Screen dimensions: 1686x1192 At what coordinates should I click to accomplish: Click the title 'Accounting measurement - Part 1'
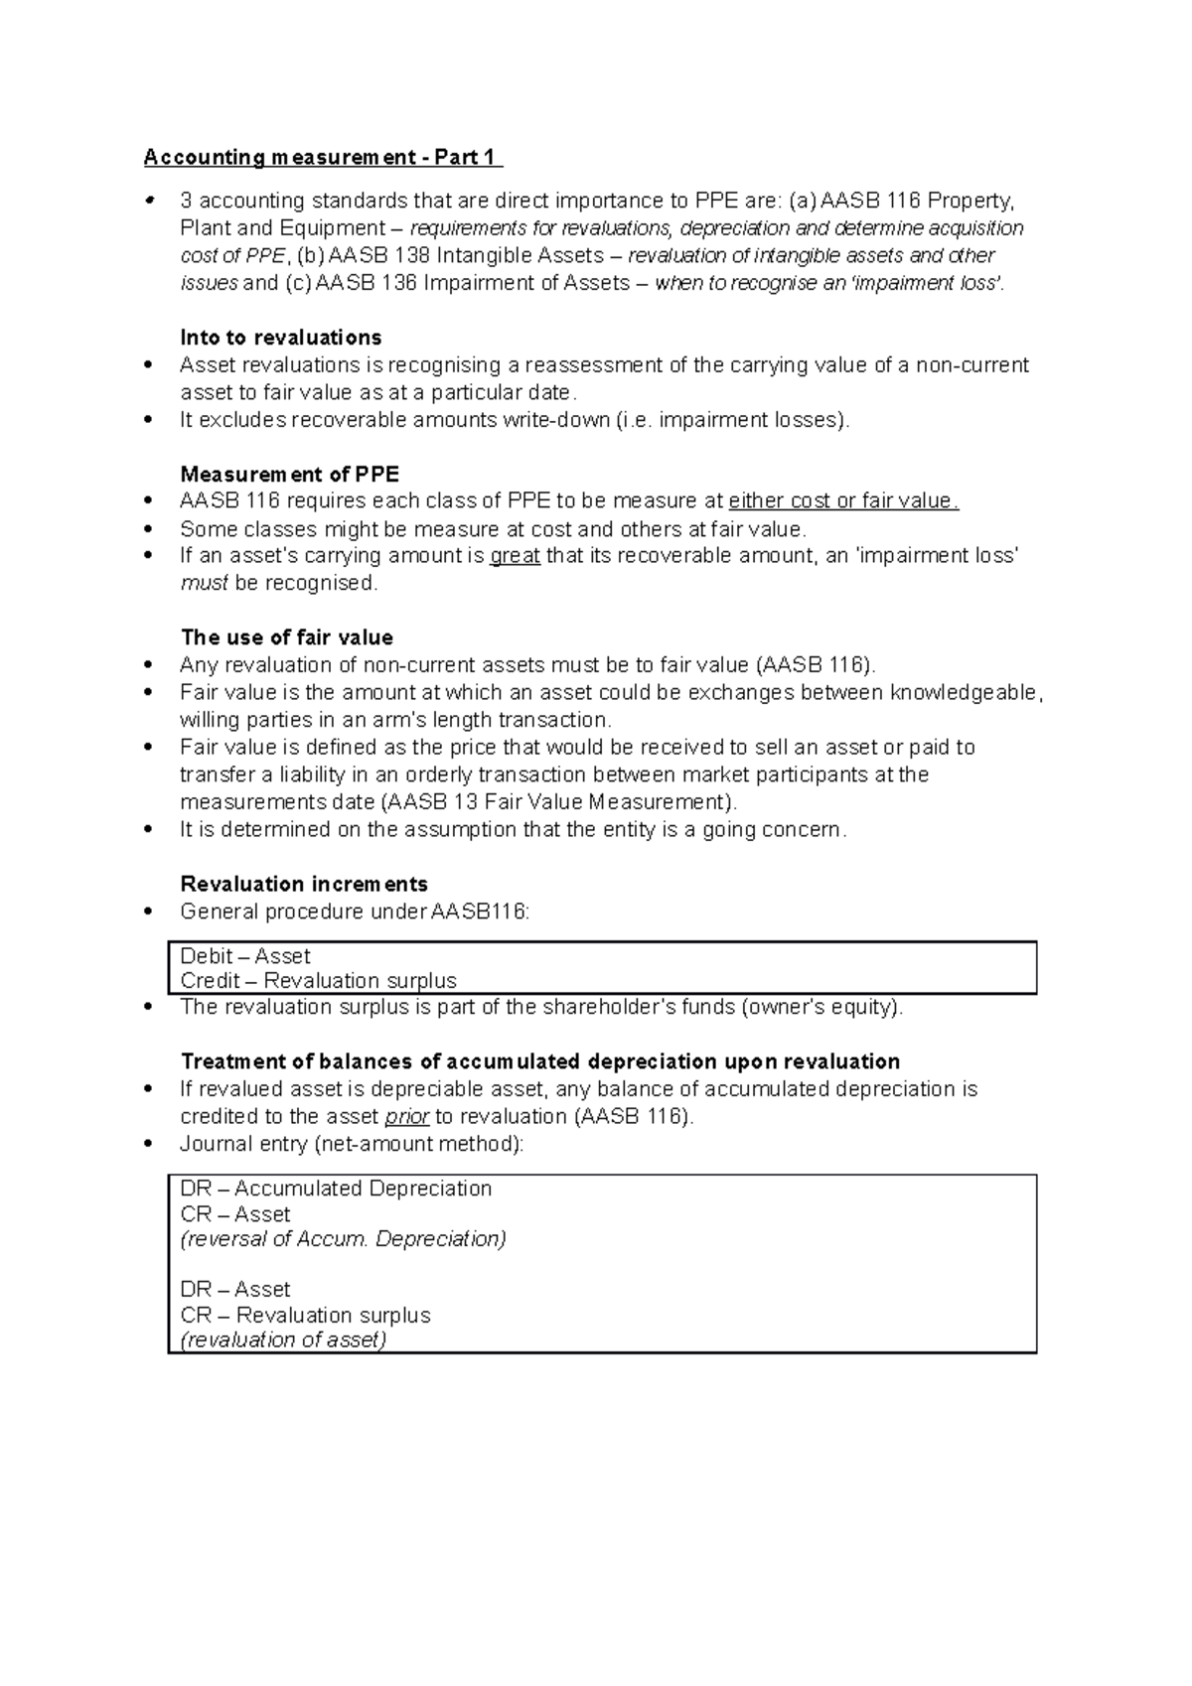coord(323,157)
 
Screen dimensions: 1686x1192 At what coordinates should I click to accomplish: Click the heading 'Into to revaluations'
coord(280,338)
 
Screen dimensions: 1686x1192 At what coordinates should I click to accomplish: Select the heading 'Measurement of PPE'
coord(289,474)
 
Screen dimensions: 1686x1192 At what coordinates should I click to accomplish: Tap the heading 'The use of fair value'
coord(286,637)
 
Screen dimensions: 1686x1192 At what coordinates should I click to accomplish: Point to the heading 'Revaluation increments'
coord(303,884)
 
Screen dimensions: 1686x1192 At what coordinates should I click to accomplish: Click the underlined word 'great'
coord(515,556)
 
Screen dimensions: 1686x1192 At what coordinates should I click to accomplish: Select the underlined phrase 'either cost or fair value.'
coord(843,501)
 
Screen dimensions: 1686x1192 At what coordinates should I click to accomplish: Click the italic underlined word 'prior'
coord(406,1117)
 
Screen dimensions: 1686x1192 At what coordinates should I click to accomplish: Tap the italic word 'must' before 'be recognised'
coord(204,583)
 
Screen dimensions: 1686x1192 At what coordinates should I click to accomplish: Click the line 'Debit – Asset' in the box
coord(245,956)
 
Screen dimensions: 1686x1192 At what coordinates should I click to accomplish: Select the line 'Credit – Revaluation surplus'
coord(318,981)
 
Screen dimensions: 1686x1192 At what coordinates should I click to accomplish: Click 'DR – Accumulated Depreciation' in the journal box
coord(336,1189)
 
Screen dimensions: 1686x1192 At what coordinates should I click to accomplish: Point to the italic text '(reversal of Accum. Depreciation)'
coord(343,1239)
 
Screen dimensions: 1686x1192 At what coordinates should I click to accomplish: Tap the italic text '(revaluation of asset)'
coord(283,1340)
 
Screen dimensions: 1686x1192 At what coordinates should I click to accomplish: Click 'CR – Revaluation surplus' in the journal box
coord(305,1315)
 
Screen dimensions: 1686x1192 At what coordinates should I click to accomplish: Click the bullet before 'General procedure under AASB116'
coord(149,912)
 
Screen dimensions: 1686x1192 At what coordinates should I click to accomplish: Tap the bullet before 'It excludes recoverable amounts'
coord(149,420)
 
